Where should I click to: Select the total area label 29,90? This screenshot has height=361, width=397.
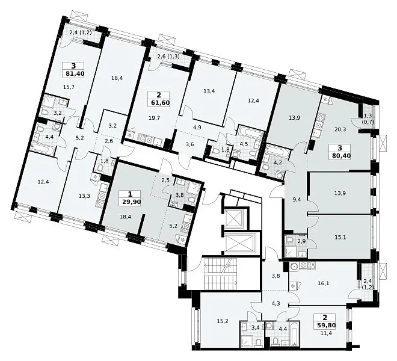tap(130, 202)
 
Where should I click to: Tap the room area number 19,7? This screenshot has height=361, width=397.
tap(155, 117)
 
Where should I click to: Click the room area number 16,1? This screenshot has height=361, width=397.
tap(324, 283)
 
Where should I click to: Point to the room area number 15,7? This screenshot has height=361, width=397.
tap(69, 87)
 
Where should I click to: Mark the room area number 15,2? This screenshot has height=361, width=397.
tap(223, 321)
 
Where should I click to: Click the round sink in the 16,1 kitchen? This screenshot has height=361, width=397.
tap(295, 267)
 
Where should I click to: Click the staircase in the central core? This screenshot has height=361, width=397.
tap(220, 274)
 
